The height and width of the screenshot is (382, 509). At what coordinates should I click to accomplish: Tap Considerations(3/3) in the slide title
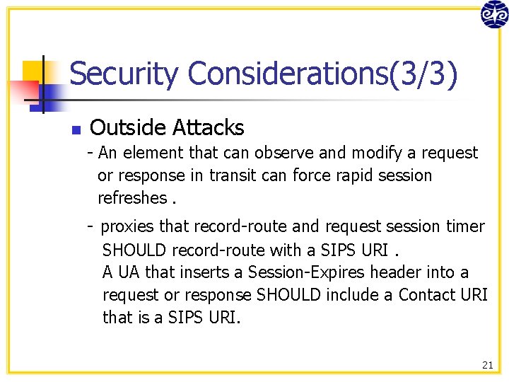[322, 74]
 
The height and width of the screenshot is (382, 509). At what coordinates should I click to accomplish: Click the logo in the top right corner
[493, 14]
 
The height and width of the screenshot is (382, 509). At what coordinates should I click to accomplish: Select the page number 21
[487, 365]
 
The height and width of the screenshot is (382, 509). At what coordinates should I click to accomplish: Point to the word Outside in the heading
[123, 128]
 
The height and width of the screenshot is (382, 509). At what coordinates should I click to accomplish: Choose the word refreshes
[132, 198]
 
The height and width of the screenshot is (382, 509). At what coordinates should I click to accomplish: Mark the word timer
[466, 226]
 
